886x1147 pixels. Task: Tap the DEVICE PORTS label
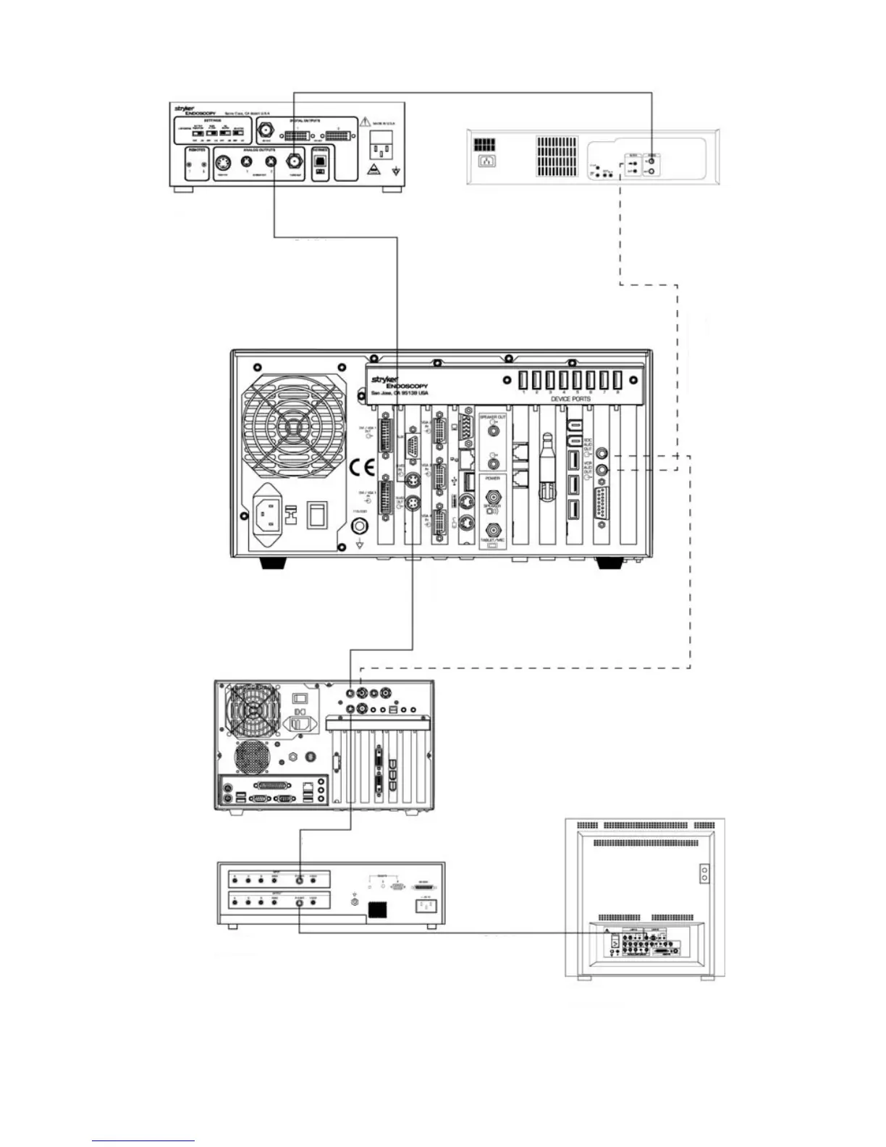pos(570,399)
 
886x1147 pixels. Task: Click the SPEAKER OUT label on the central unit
pos(492,418)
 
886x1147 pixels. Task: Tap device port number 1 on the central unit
pos(523,380)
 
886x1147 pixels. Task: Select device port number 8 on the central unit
pos(617,380)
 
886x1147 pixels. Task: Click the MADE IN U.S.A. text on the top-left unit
pos(384,123)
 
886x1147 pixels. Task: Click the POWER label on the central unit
pos(492,479)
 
